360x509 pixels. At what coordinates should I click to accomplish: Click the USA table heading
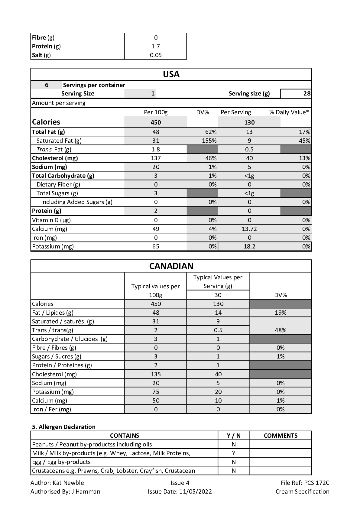(x=171, y=74)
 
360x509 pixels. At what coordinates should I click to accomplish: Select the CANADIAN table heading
(x=171, y=266)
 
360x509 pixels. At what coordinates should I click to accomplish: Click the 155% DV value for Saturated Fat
(x=209, y=141)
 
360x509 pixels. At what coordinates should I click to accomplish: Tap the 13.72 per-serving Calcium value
(x=249, y=229)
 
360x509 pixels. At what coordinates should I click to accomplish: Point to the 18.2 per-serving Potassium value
(x=249, y=246)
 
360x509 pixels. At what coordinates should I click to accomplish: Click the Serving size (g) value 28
(x=307, y=94)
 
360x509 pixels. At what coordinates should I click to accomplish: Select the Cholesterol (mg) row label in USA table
(x=55, y=158)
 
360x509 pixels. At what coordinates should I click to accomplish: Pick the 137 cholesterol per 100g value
(x=156, y=158)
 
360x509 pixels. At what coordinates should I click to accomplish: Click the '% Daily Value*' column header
(x=289, y=112)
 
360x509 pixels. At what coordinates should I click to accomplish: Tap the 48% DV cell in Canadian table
(x=281, y=330)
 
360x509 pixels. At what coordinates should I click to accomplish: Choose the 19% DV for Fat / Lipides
(x=281, y=313)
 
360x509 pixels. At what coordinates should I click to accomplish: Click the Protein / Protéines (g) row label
(x=62, y=365)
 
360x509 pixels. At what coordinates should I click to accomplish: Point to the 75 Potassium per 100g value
(x=156, y=392)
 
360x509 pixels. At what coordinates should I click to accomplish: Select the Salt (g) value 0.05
(x=156, y=55)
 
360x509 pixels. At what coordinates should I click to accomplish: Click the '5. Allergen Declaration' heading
(x=64, y=427)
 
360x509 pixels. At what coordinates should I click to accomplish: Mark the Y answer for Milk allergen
(x=234, y=453)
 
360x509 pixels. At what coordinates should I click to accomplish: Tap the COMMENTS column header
(x=281, y=436)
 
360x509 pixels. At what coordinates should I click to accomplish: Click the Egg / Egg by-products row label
(x=61, y=462)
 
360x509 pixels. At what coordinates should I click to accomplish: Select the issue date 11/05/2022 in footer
(x=195, y=491)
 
